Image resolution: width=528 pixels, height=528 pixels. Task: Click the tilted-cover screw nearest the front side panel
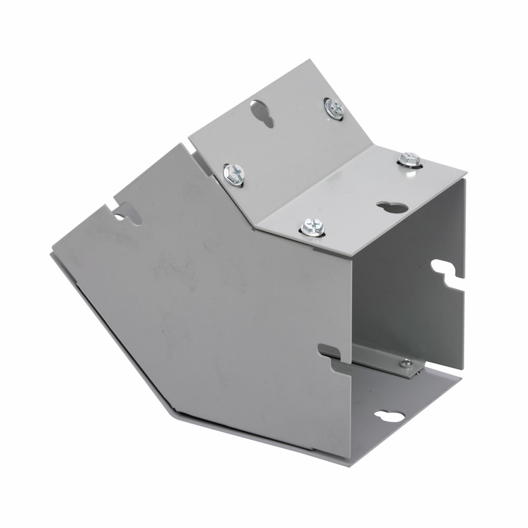click(234, 173)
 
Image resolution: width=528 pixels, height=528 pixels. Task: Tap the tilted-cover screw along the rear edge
click(334, 108)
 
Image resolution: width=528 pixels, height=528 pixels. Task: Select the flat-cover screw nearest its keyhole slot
click(409, 158)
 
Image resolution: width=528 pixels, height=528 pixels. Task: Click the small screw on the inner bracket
click(406, 363)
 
